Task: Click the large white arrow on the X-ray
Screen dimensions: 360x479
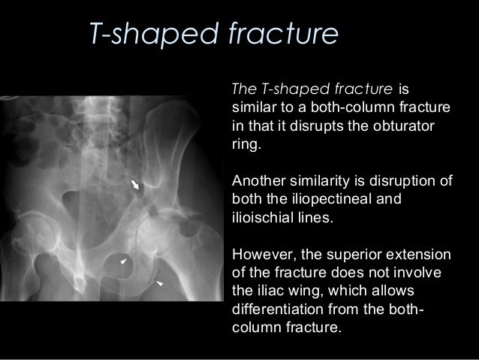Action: tap(136, 186)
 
